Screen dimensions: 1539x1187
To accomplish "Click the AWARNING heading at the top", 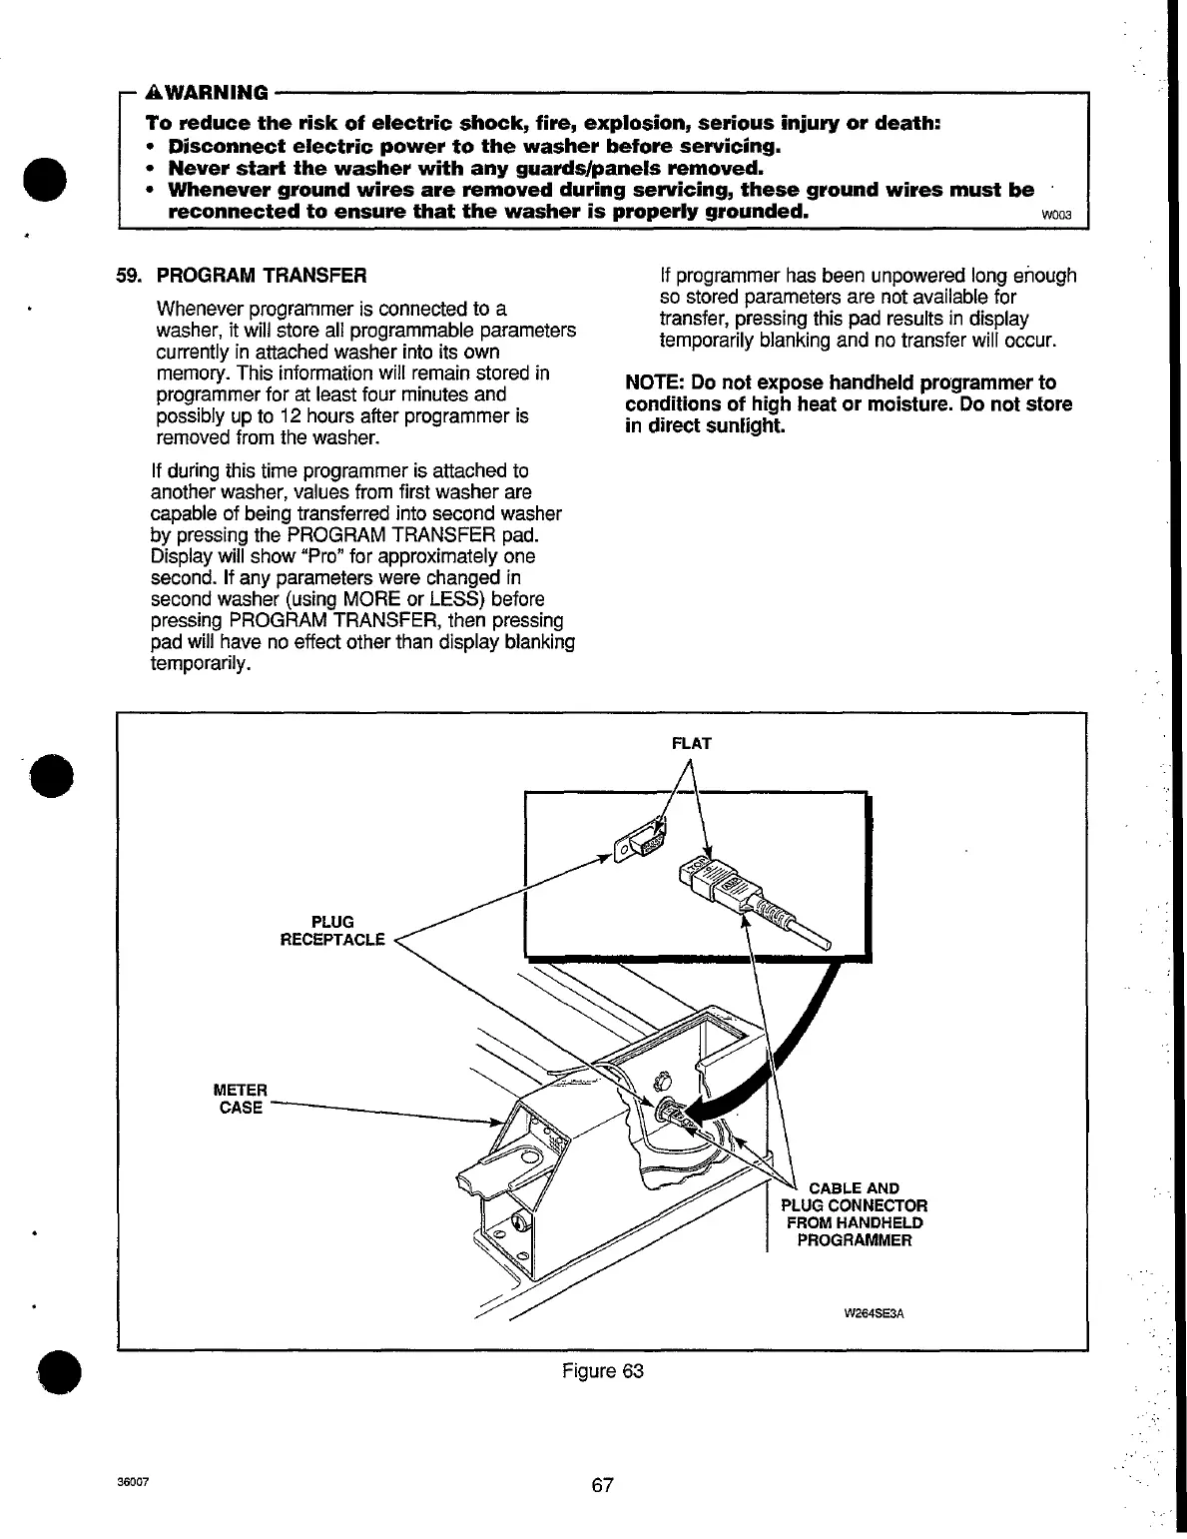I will (208, 93).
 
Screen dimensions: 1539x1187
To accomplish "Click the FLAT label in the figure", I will (691, 743).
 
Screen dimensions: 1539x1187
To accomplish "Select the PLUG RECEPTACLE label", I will (332, 931).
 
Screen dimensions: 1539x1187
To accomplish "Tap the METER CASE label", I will (240, 1098).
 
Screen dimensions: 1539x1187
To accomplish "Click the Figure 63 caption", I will (603, 1370).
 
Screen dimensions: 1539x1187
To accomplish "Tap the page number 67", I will (601, 1484).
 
